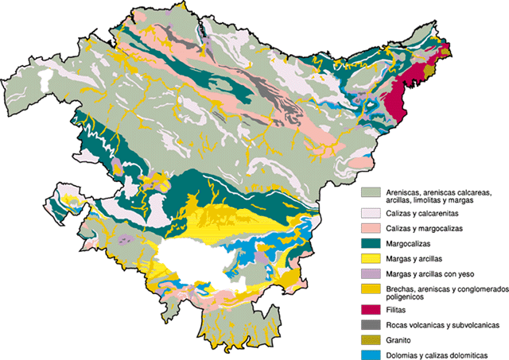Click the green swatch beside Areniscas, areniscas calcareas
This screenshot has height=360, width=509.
[369, 192]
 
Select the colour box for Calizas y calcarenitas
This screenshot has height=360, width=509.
[369, 213]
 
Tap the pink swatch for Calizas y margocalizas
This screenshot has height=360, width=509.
[369, 228]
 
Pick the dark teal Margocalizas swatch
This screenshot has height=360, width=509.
[369, 243]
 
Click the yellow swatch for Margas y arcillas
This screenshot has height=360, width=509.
[369, 258]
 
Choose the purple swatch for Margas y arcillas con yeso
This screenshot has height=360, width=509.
[369, 273]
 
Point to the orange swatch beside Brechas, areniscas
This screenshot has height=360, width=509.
[369, 289]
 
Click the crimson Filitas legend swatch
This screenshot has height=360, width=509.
[369, 309]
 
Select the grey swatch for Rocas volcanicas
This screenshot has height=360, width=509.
[369, 324]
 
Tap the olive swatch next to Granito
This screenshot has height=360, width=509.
[369, 339]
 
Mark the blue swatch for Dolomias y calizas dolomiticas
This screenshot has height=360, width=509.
[369, 354]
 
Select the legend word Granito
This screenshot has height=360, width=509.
[399, 339]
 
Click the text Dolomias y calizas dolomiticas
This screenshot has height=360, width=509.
[434, 354]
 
